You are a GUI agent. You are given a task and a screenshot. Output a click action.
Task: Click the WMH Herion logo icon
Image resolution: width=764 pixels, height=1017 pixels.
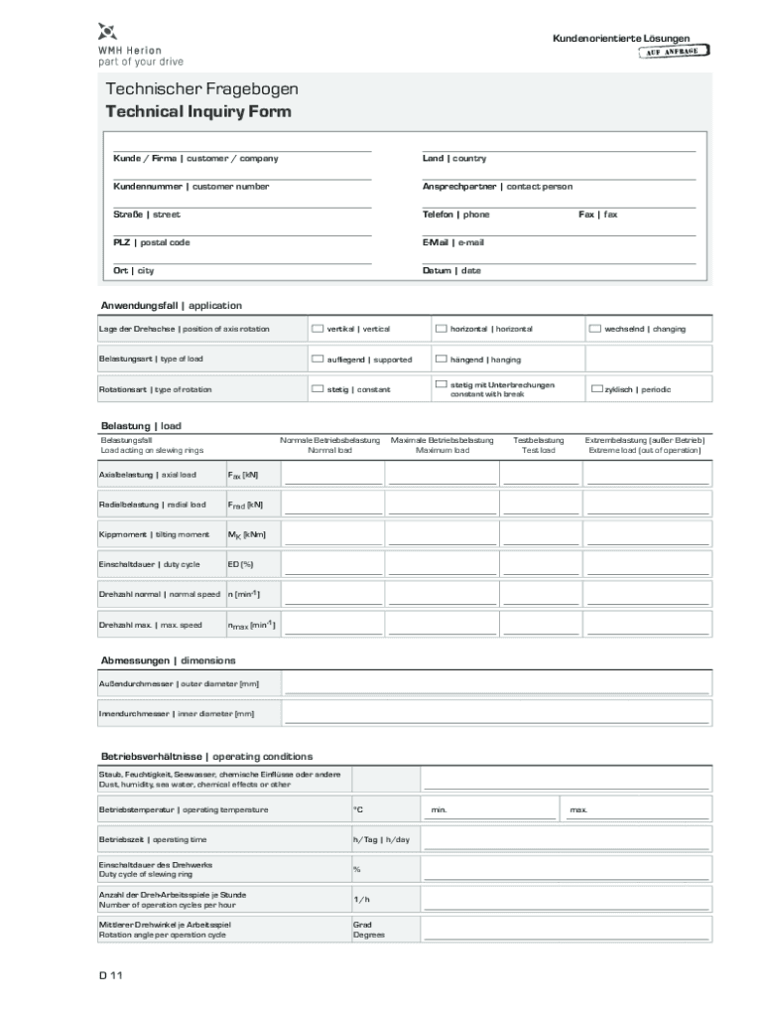(x=108, y=31)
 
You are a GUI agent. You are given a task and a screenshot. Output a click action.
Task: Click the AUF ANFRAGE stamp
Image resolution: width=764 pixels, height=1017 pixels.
(x=673, y=52)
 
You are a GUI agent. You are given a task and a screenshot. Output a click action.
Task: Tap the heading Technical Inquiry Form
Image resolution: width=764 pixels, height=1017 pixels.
(x=198, y=111)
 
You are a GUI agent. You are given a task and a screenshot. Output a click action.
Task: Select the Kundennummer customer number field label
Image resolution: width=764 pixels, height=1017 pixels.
(x=191, y=187)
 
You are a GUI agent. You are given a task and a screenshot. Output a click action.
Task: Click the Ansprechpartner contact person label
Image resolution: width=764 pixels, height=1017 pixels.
(x=496, y=187)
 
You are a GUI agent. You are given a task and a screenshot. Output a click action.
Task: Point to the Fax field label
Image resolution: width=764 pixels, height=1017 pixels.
(x=597, y=215)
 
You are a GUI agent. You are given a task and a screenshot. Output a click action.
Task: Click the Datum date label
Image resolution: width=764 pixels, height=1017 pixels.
(x=451, y=270)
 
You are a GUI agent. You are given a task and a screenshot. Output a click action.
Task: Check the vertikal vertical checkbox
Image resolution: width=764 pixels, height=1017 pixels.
(x=318, y=329)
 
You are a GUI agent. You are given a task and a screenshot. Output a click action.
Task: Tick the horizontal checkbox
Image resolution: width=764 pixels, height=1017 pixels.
(x=441, y=329)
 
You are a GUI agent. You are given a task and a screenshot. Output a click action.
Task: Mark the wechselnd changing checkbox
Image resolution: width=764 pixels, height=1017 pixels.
(x=595, y=329)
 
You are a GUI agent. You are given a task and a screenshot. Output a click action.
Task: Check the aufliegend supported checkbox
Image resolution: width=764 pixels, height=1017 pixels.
(x=318, y=360)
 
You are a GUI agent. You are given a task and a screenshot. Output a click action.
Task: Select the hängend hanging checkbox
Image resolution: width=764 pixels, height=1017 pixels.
(x=441, y=360)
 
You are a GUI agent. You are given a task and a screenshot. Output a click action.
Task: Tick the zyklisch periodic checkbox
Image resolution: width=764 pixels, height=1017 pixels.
(x=595, y=389)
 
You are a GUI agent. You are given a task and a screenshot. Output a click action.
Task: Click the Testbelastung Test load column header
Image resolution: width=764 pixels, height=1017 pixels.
(x=539, y=445)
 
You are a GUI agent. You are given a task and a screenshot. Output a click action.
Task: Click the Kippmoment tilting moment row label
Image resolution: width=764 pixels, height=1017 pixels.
(x=154, y=534)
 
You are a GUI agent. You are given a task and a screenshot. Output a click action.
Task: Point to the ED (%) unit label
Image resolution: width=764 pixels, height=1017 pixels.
(x=240, y=564)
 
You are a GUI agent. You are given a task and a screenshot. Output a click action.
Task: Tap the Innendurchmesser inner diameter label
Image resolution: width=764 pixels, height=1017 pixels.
(x=176, y=713)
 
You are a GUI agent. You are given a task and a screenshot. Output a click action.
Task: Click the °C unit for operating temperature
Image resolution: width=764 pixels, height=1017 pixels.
(x=358, y=809)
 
